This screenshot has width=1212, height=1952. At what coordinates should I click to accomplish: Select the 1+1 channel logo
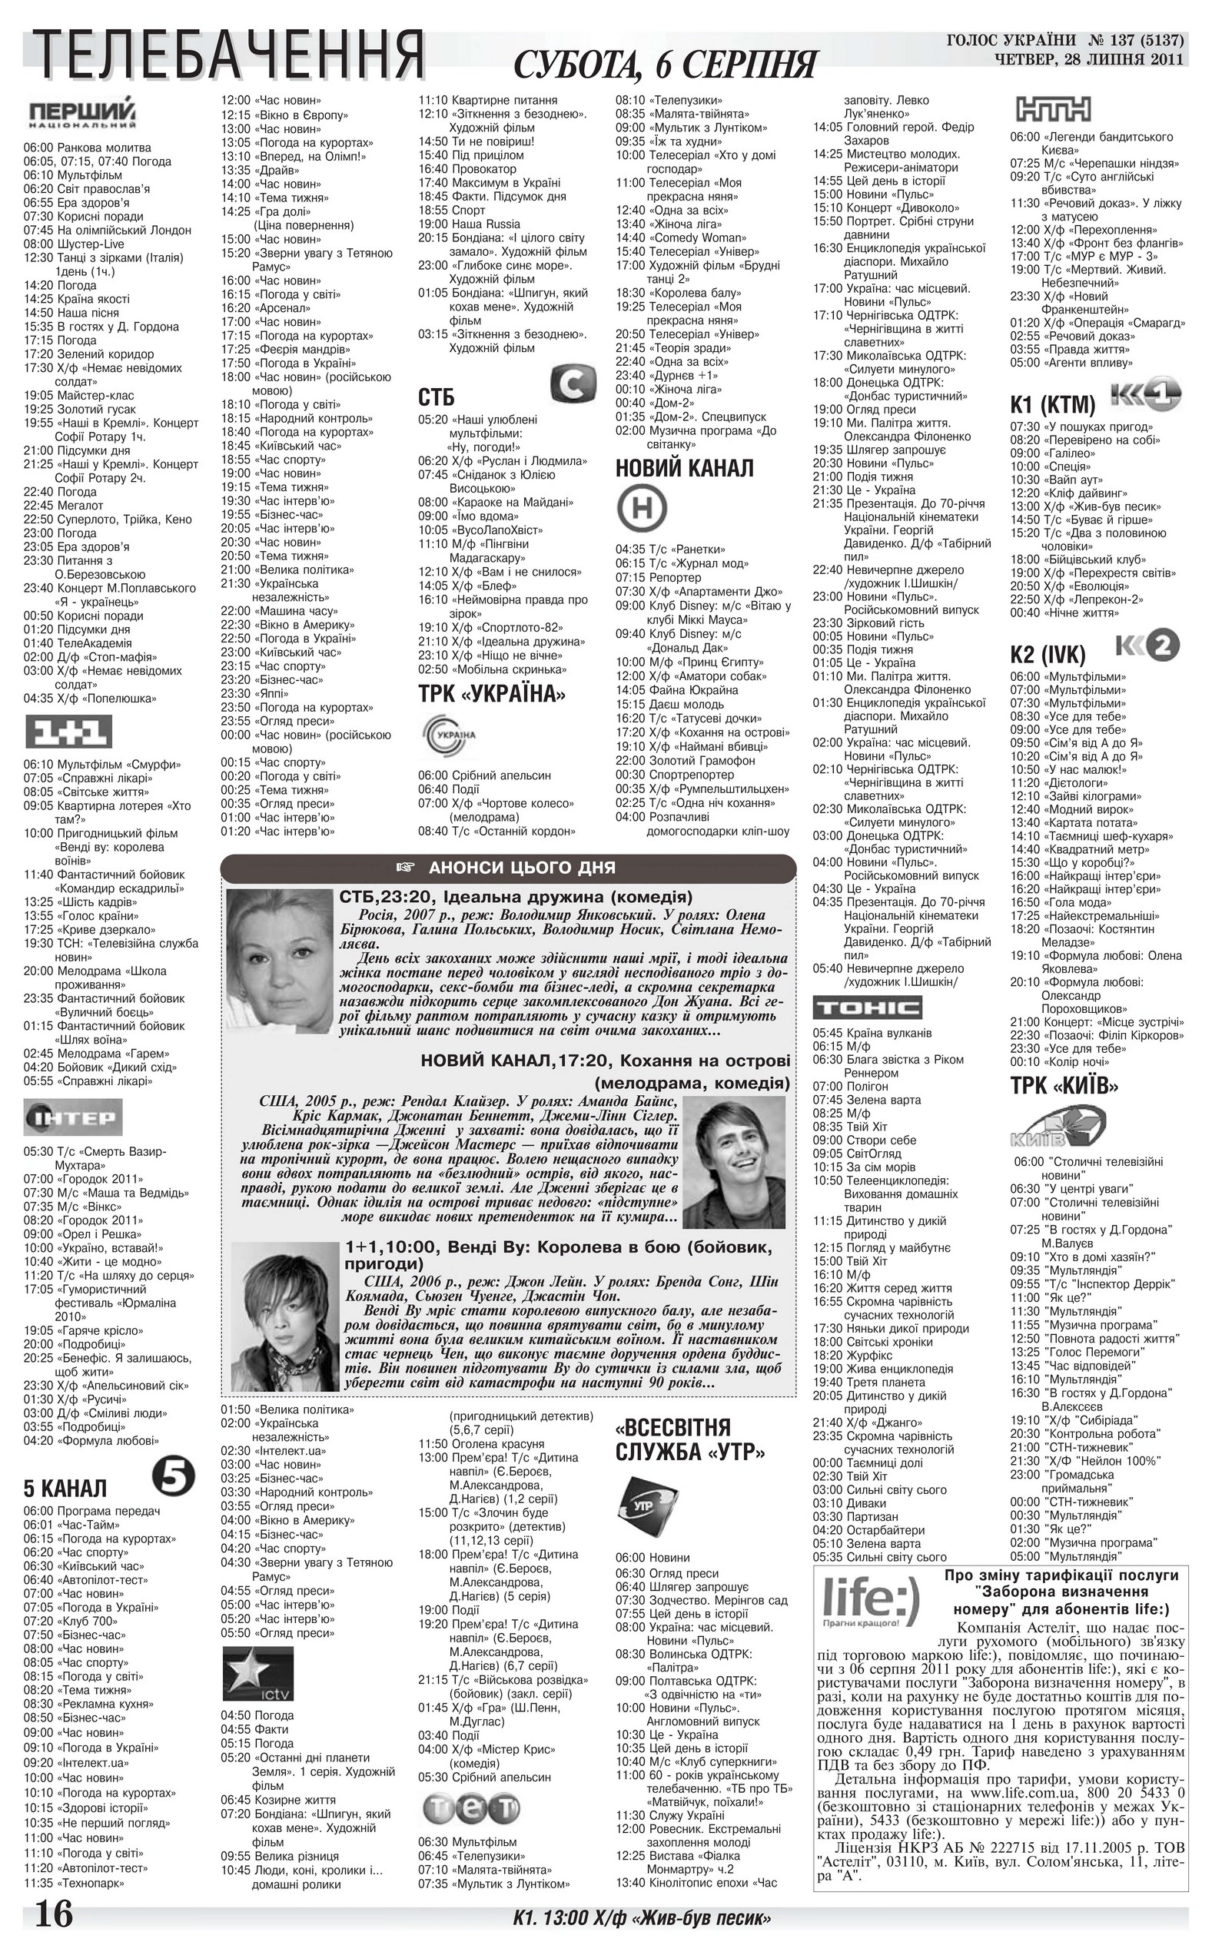[x=69, y=731]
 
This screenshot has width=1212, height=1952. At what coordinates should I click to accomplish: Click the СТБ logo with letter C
[x=573, y=384]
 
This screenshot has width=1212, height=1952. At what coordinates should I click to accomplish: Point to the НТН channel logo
[x=1052, y=108]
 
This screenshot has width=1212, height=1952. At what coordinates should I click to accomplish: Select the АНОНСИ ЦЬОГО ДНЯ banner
[x=508, y=867]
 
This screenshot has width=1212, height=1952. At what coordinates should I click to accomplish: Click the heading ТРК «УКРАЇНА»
[x=491, y=693]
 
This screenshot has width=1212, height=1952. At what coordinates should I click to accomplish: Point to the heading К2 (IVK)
[x=1047, y=655]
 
